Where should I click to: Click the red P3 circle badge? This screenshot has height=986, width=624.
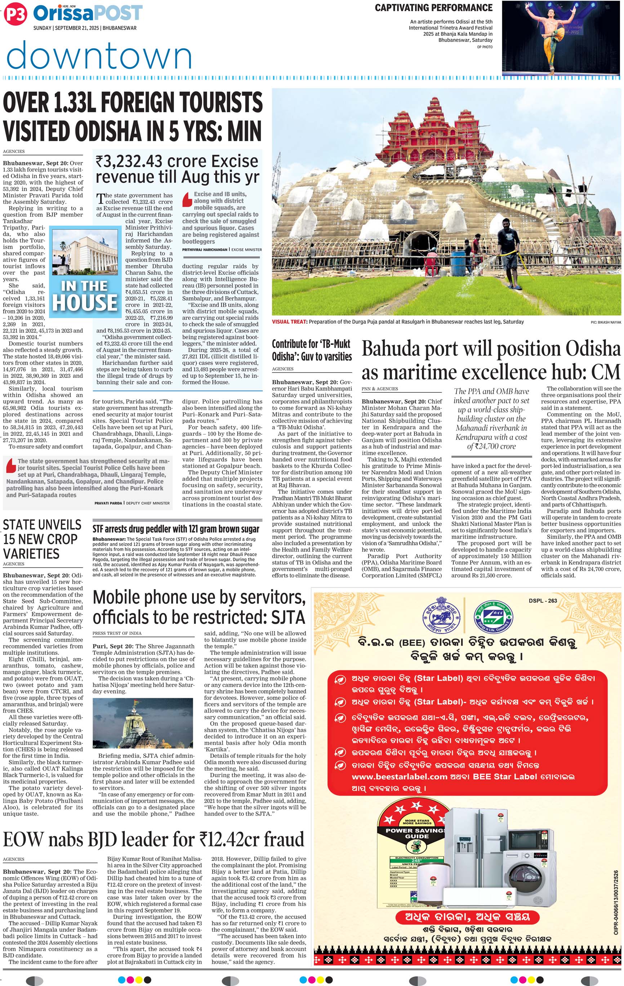(15, 14)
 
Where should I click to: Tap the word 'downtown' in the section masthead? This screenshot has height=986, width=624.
(99, 55)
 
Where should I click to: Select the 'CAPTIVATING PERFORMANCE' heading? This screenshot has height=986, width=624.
(433, 8)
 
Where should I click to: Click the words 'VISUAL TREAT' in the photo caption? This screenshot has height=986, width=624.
(289, 322)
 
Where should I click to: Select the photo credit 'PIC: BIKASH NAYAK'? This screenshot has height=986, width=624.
(606, 322)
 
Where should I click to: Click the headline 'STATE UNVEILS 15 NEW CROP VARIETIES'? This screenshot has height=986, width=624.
(42, 539)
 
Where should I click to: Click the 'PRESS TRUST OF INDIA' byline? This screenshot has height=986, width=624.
(117, 633)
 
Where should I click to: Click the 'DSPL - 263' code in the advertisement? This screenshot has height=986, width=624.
(543, 601)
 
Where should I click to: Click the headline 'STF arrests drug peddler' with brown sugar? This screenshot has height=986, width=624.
(175, 529)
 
